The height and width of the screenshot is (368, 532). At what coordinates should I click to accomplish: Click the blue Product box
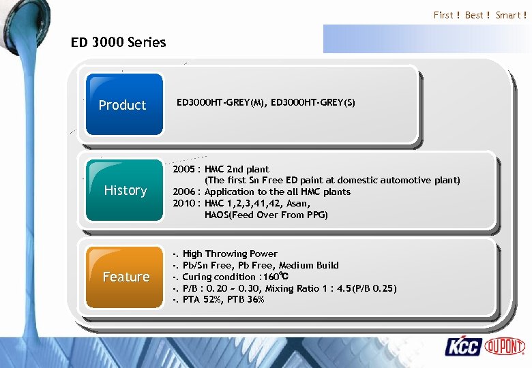[x=122, y=105]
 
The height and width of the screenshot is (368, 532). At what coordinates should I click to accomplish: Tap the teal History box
[x=125, y=190]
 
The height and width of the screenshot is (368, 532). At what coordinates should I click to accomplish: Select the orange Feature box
[x=125, y=277]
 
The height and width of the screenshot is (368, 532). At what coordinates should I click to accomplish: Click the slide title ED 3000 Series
[x=118, y=42]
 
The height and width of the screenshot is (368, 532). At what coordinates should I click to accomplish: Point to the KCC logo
[x=463, y=346]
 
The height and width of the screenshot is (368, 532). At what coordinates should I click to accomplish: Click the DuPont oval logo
[x=505, y=346]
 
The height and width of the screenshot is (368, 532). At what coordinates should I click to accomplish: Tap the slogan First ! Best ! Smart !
[x=479, y=15]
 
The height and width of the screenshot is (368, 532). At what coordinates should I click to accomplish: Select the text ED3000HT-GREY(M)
[x=219, y=103]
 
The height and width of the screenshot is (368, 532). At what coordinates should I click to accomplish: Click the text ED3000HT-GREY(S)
[x=312, y=103]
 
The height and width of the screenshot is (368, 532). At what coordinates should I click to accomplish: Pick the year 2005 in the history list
[x=183, y=169]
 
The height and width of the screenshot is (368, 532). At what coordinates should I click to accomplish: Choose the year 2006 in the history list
[x=183, y=192]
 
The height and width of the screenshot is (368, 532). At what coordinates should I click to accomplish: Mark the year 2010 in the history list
[x=183, y=203]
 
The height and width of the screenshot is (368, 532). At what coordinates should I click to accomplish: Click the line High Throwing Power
[x=230, y=254]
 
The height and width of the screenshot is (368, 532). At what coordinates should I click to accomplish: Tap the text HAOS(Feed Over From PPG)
[x=266, y=215]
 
